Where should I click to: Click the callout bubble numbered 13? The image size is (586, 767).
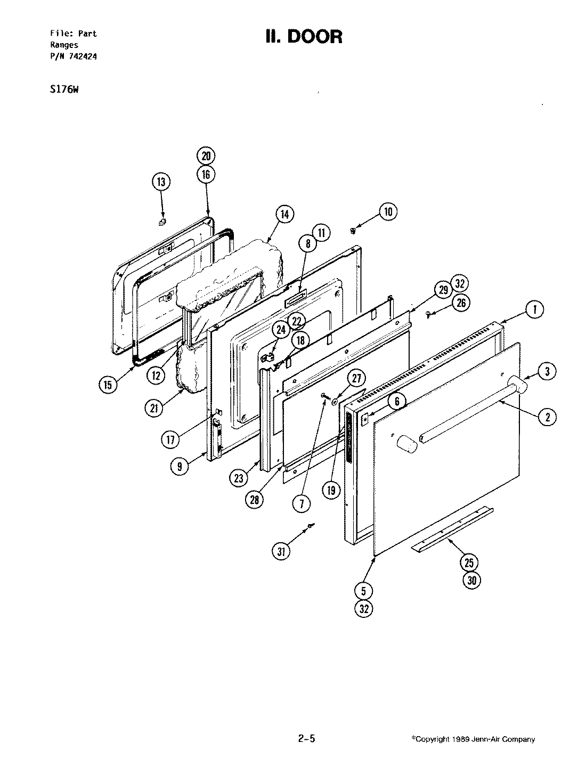tap(160, 182)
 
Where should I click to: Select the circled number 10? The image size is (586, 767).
tap(387, 212)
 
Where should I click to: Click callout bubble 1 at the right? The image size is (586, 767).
tap(535, 309)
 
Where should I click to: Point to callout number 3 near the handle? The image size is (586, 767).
tap(547, 371)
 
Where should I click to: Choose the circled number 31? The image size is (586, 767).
tap(282, 552)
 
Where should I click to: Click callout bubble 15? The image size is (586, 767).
tap(108, 385)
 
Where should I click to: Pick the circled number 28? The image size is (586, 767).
tap(254, 499)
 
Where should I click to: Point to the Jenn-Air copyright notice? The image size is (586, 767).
tap(473, 739)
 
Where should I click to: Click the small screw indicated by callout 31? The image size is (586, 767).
tap(310, 526)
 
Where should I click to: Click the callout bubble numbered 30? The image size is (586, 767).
tap(471, 580)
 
